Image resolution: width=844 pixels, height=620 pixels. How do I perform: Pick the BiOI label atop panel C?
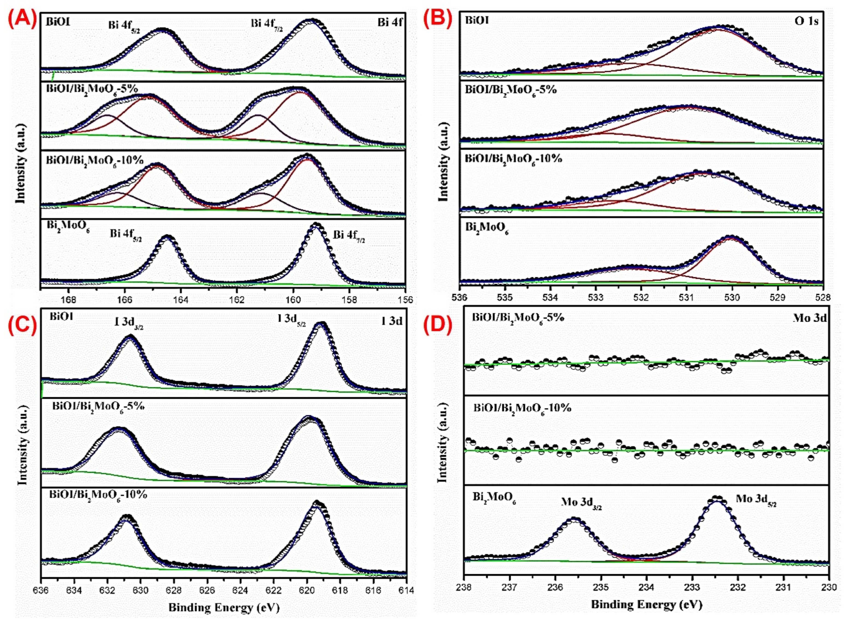pos(62,316)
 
